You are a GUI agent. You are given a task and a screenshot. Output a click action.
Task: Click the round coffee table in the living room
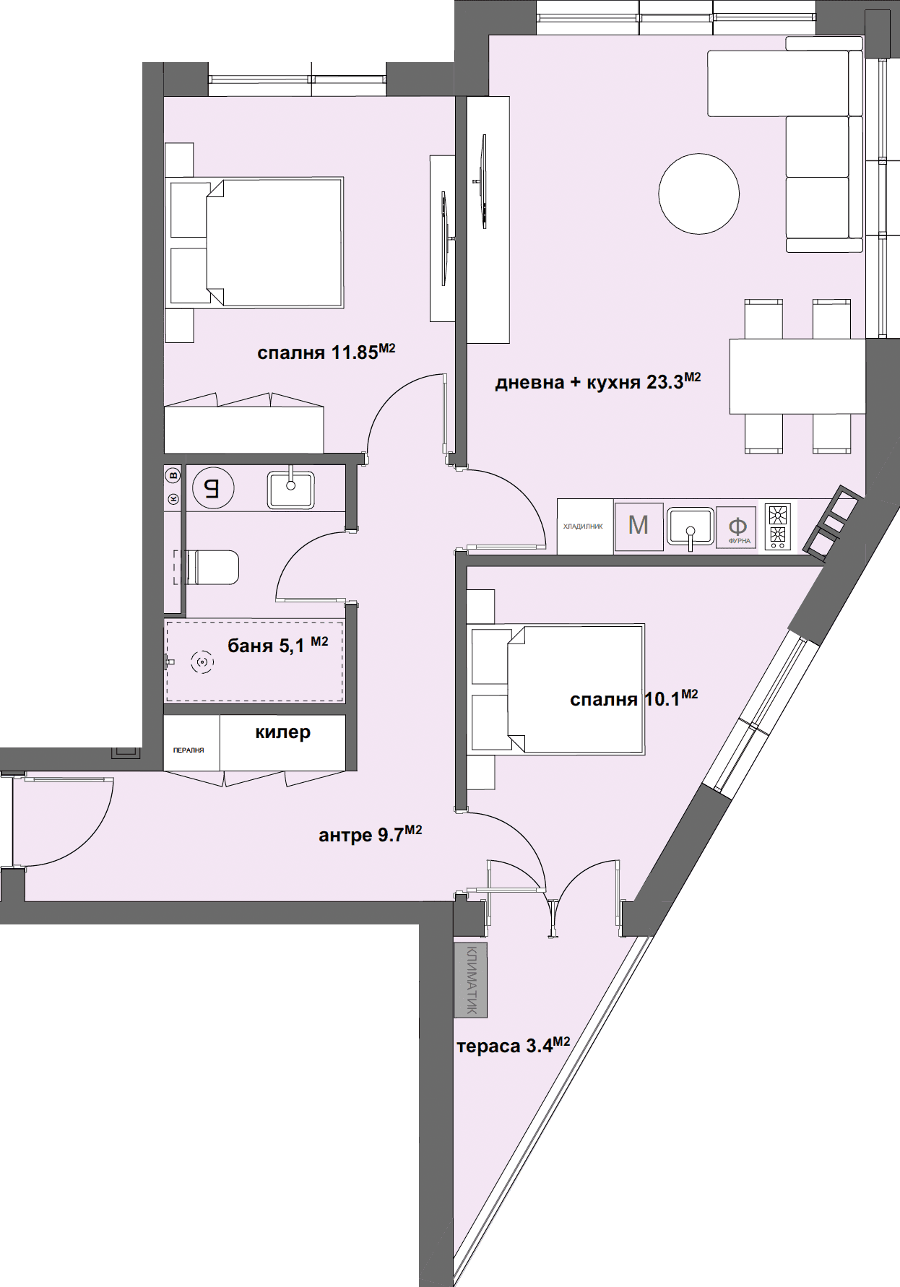point(698,194)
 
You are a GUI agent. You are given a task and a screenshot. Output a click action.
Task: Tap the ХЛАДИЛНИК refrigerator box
point(584,526)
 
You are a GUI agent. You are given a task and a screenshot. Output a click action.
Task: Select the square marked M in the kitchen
point(638,526)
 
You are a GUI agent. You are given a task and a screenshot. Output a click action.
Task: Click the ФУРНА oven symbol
point(737,528)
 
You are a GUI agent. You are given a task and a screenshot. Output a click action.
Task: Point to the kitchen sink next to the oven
point(690,526)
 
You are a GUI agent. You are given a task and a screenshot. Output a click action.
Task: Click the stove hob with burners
point(778,526)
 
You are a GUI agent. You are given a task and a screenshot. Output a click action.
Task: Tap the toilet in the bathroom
point(212,567)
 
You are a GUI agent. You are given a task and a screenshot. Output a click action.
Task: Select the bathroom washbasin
point(290,489)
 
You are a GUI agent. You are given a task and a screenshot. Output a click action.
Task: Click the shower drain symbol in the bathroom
point(202,662)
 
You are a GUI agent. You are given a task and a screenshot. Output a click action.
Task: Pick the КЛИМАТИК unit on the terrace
point(471,980)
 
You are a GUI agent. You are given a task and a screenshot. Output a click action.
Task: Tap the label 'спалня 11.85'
point(326,352)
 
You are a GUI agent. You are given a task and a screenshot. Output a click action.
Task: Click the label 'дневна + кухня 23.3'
point(598,381)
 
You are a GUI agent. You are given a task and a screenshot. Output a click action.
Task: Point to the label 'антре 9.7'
point(371,834)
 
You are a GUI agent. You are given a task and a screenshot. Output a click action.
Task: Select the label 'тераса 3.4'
point(514,1045)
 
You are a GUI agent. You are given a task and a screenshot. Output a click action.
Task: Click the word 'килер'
point(283,732)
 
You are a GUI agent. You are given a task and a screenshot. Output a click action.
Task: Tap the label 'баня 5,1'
point(278,644)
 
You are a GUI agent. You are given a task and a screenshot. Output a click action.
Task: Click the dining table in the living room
point(797,376)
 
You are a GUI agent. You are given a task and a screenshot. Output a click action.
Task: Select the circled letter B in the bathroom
point(173,475)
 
